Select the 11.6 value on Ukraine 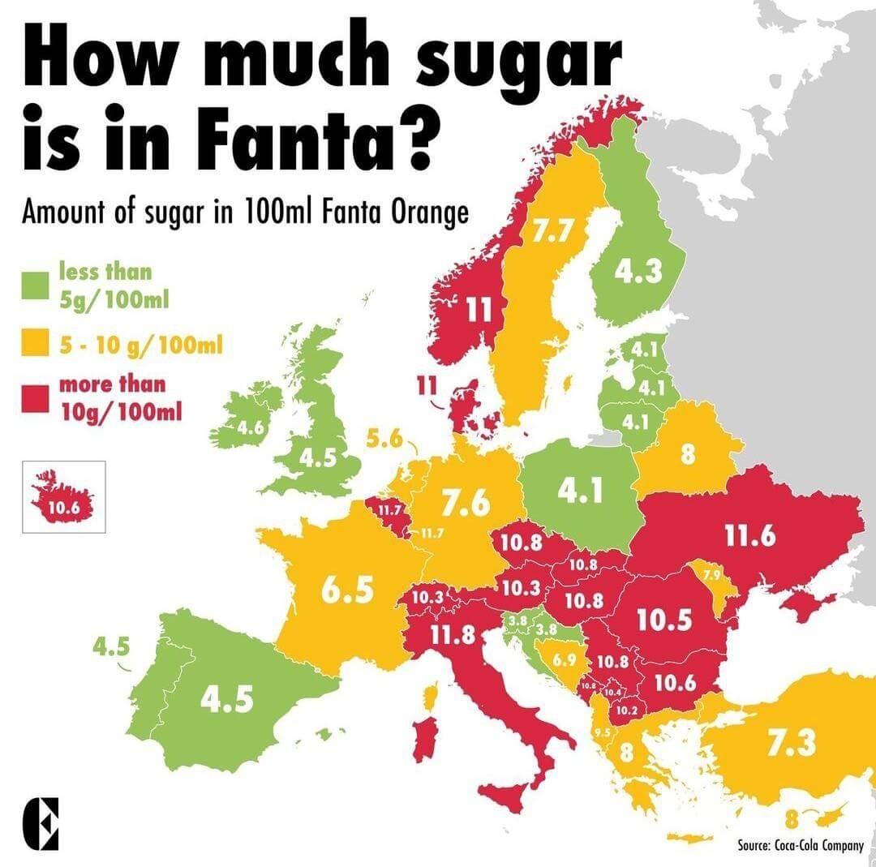pyautogui.click(x=751, y=536)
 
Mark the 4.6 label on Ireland pyautogui.click(x=249, y=427)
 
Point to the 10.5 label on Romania pyautogui.click(x=663, y=620)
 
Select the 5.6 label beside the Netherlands pyautogui.click(x=384, y=440)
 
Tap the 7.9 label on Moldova pyautogui.click(x=713, y=574)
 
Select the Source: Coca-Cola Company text pyautogui.click(x=801, y=846)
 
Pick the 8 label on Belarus pyautogui.click(x=688, y=454)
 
